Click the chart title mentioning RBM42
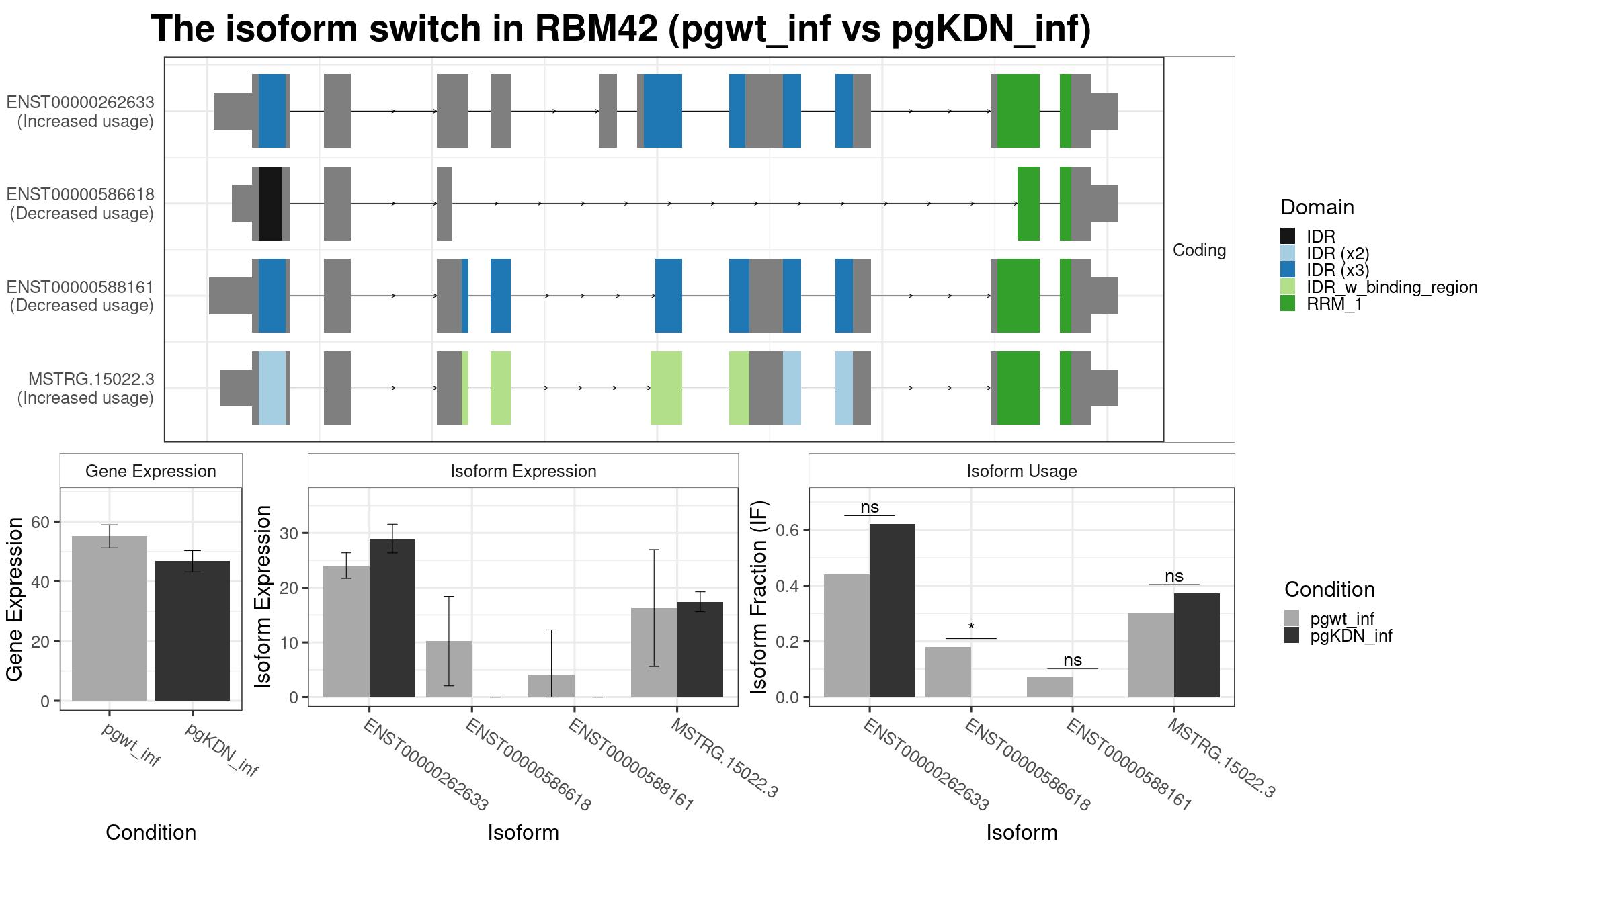coord(621,29)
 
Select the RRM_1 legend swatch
coord(1288,304)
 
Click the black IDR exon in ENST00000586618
coord(270,203)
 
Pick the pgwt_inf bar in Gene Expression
coord(110,618)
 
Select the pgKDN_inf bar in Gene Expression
coord(192,631)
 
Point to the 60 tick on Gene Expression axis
coord(40,522)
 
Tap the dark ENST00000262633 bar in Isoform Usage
coord(893,611)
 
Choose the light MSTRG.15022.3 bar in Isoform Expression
coord(654,652)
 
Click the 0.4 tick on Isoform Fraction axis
coord(788,586)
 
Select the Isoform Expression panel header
coord(523,471)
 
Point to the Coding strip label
coord(1199,250)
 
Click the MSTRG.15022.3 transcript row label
coord(85,388)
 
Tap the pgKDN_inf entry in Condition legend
coord(1351,636)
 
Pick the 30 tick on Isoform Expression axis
coord(294,533)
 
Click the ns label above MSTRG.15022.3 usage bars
coord(1174,576)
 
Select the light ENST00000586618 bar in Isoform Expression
coord(449,669)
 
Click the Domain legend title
coord(1317,207)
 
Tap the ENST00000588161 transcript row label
coord(81,296)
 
